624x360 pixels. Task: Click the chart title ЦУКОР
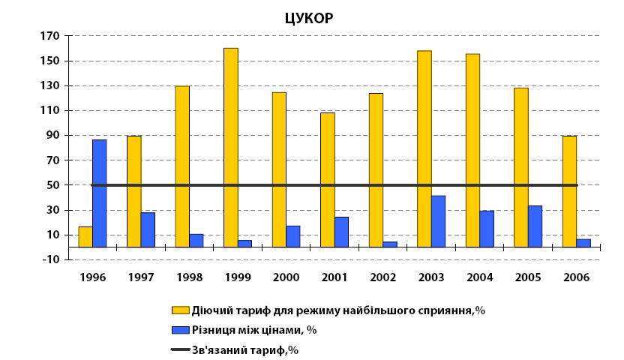tap(308, 19)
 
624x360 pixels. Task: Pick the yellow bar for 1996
tap(85, 236)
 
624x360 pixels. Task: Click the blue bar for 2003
tap(438, 221)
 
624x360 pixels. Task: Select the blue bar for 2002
tap(390, 244)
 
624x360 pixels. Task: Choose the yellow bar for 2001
tap(328, 179)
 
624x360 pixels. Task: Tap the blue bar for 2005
tap(535, 226)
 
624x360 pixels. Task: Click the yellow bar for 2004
tap(472, 150)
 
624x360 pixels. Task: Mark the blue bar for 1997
tap(148, 229)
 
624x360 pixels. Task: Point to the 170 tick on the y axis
tap(49, 36)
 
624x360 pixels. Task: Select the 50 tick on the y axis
tap(52, 185)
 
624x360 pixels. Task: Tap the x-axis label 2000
tap(286, 277)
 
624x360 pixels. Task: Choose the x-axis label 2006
tap(576, 277)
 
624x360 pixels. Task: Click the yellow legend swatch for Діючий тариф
tap(180, 310)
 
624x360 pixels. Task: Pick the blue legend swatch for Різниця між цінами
tap(180, 329)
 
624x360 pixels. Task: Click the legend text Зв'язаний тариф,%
tap(245, 349)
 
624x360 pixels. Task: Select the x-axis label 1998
tap(189, 277)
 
